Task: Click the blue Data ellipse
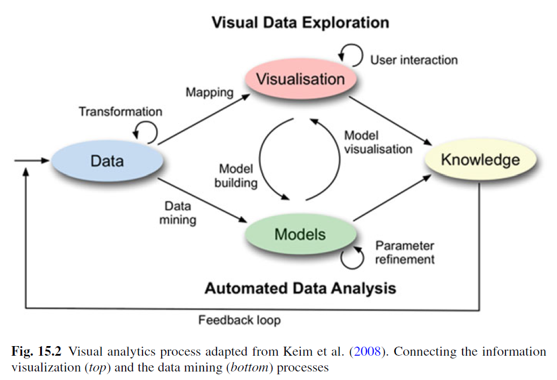tap(107, 161)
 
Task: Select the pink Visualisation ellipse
tap(300, 79)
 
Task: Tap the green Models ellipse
tap(300, 233)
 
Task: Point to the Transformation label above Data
tap(120, 111)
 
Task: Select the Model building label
tap(238, 176)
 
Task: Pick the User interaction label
tap(414, 59)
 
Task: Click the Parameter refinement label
tap(405, 253)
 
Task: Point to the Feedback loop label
tap(239, 320)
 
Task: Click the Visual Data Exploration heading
tap(300, 23)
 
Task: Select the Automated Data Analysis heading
tap(300, 288)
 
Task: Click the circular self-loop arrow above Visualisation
tap(351, 55)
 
